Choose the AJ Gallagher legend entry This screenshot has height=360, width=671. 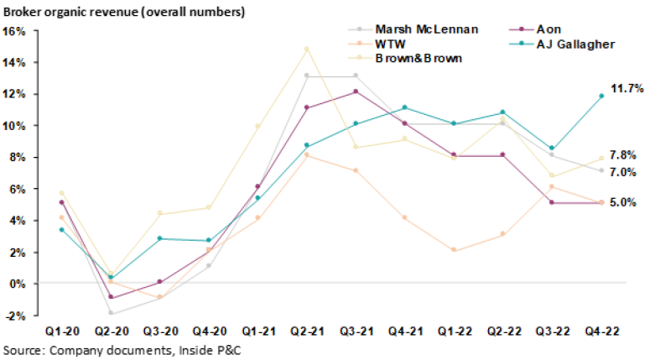coord(570,44)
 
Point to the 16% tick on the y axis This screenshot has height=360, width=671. coord(16,31)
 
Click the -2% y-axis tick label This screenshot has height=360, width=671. coord(16,316)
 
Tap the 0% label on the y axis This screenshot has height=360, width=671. coord(18,284)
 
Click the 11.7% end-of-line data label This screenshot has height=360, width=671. coord(627,88)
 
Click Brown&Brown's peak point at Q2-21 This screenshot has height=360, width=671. coord(306,49)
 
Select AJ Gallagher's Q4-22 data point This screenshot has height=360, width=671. coord(600,96)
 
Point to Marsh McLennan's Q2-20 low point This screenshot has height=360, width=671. coord(110,313)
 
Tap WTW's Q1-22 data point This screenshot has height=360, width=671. coord(453,250)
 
